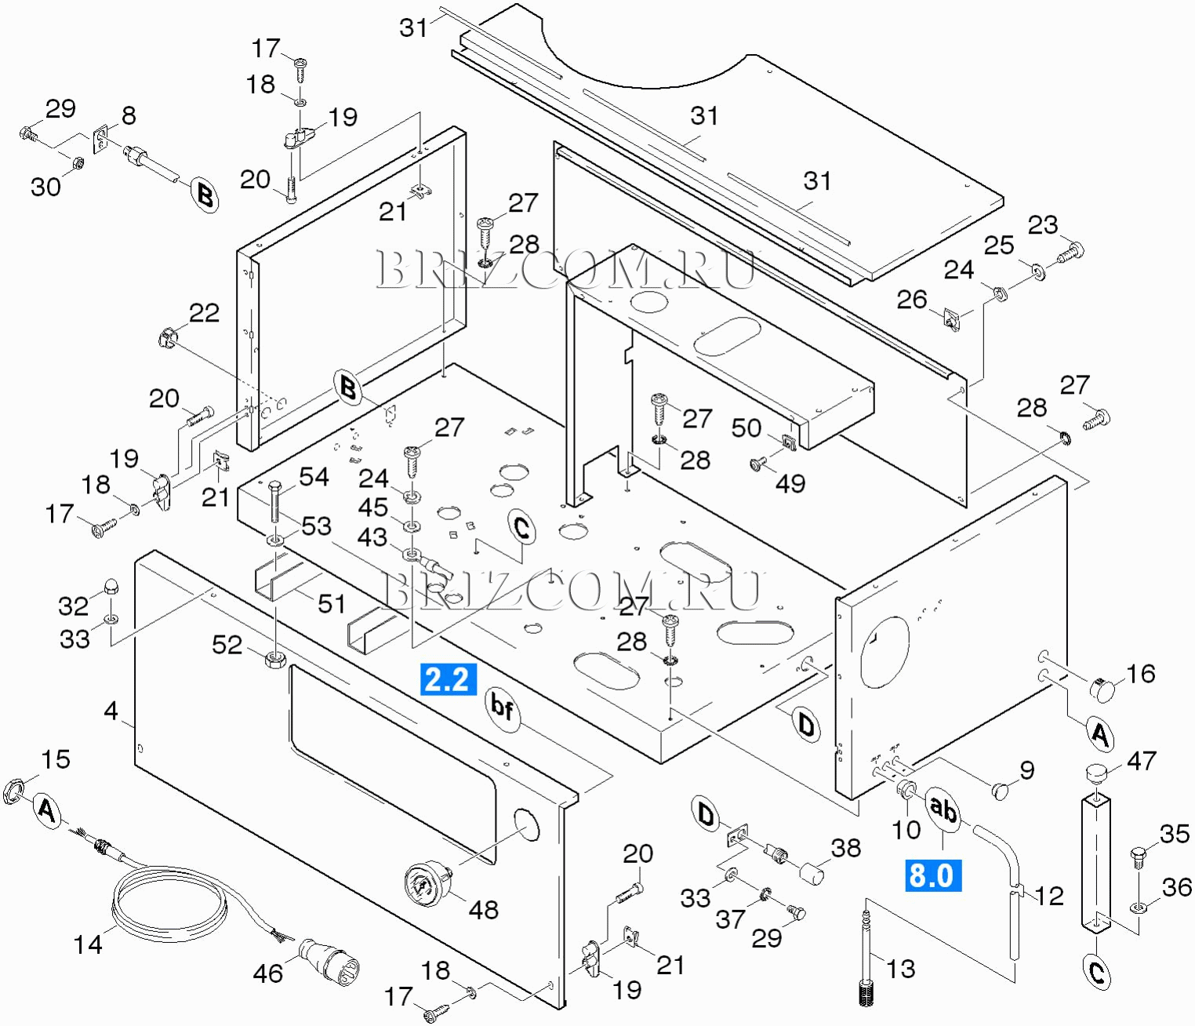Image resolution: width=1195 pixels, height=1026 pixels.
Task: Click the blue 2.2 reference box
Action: click(x=448, y=679)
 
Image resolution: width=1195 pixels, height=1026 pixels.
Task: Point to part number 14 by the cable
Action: click(x=88, y=944)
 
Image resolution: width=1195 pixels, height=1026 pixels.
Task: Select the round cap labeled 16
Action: click(x=1103, y=689)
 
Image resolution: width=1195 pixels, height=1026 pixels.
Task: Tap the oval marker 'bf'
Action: click(x=502, y=708)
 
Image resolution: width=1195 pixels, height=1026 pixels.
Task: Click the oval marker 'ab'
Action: click(x=943, y=809)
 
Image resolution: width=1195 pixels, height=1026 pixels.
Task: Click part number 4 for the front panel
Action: click(x=111, y=711)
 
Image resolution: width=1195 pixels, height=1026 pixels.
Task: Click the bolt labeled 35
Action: click(x=1139, y=860)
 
